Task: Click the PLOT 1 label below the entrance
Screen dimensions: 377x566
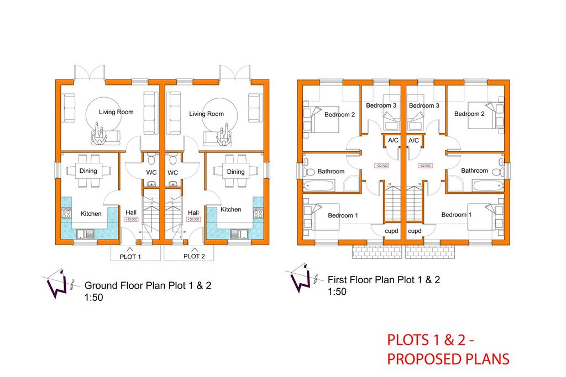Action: (x=130, y=256)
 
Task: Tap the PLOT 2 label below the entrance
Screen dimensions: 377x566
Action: (x=194, y=256)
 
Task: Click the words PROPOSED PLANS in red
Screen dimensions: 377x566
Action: (x=448, y=359)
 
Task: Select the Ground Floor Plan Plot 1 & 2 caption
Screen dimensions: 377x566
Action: (x=148, y=286)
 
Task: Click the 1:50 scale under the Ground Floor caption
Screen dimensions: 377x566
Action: (x=93, y=298)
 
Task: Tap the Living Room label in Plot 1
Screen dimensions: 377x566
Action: (x=116, y=112)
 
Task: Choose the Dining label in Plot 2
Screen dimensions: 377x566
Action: (x=235, y=172)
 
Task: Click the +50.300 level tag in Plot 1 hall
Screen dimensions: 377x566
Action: (x=131, y=220)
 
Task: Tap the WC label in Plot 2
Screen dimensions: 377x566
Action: (x=173, y=173)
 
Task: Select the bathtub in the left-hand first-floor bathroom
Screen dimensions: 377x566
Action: (x=318, y=185)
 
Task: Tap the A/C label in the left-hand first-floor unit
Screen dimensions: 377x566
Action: (x=393, y=141)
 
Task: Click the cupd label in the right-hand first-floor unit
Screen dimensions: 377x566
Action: (x=415, y=231)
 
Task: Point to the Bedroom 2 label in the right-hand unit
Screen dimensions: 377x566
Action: (x=469, y=114)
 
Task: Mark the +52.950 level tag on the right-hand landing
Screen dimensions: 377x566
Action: (x=424, y=166)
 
